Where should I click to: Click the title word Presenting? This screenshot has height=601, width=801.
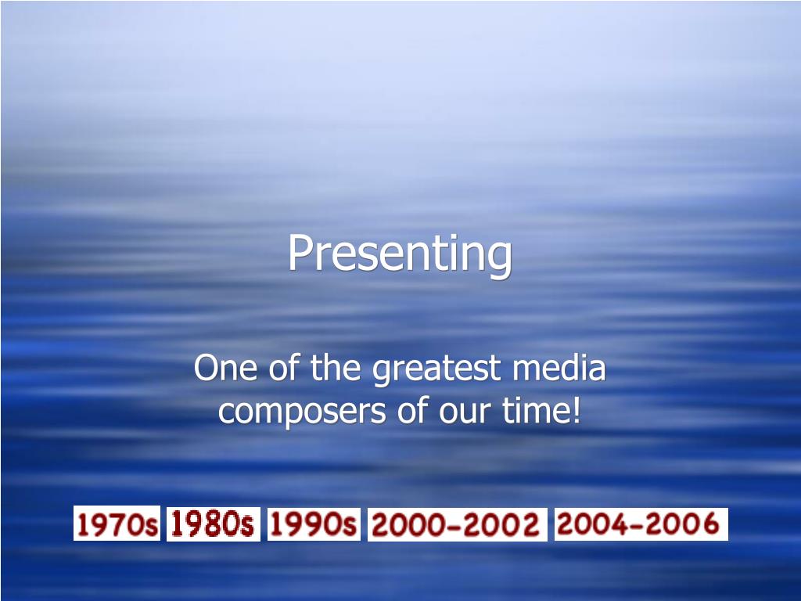tap(400, 254)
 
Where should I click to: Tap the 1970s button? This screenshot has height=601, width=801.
tap(117, 524)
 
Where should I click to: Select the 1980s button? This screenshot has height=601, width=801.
tap(213, 524)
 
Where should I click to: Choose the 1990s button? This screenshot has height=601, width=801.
tap(314, 524)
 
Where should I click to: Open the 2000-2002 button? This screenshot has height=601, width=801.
tap(457, 524)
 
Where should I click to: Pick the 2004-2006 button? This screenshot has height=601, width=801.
tap(641, 524)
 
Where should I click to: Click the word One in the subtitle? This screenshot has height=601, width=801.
tap(225, 368)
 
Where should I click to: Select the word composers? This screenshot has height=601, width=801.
tap(302, 412)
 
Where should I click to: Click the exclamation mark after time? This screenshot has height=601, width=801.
tap(577, 410)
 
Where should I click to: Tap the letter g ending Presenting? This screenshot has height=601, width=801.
tap(501, 259)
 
